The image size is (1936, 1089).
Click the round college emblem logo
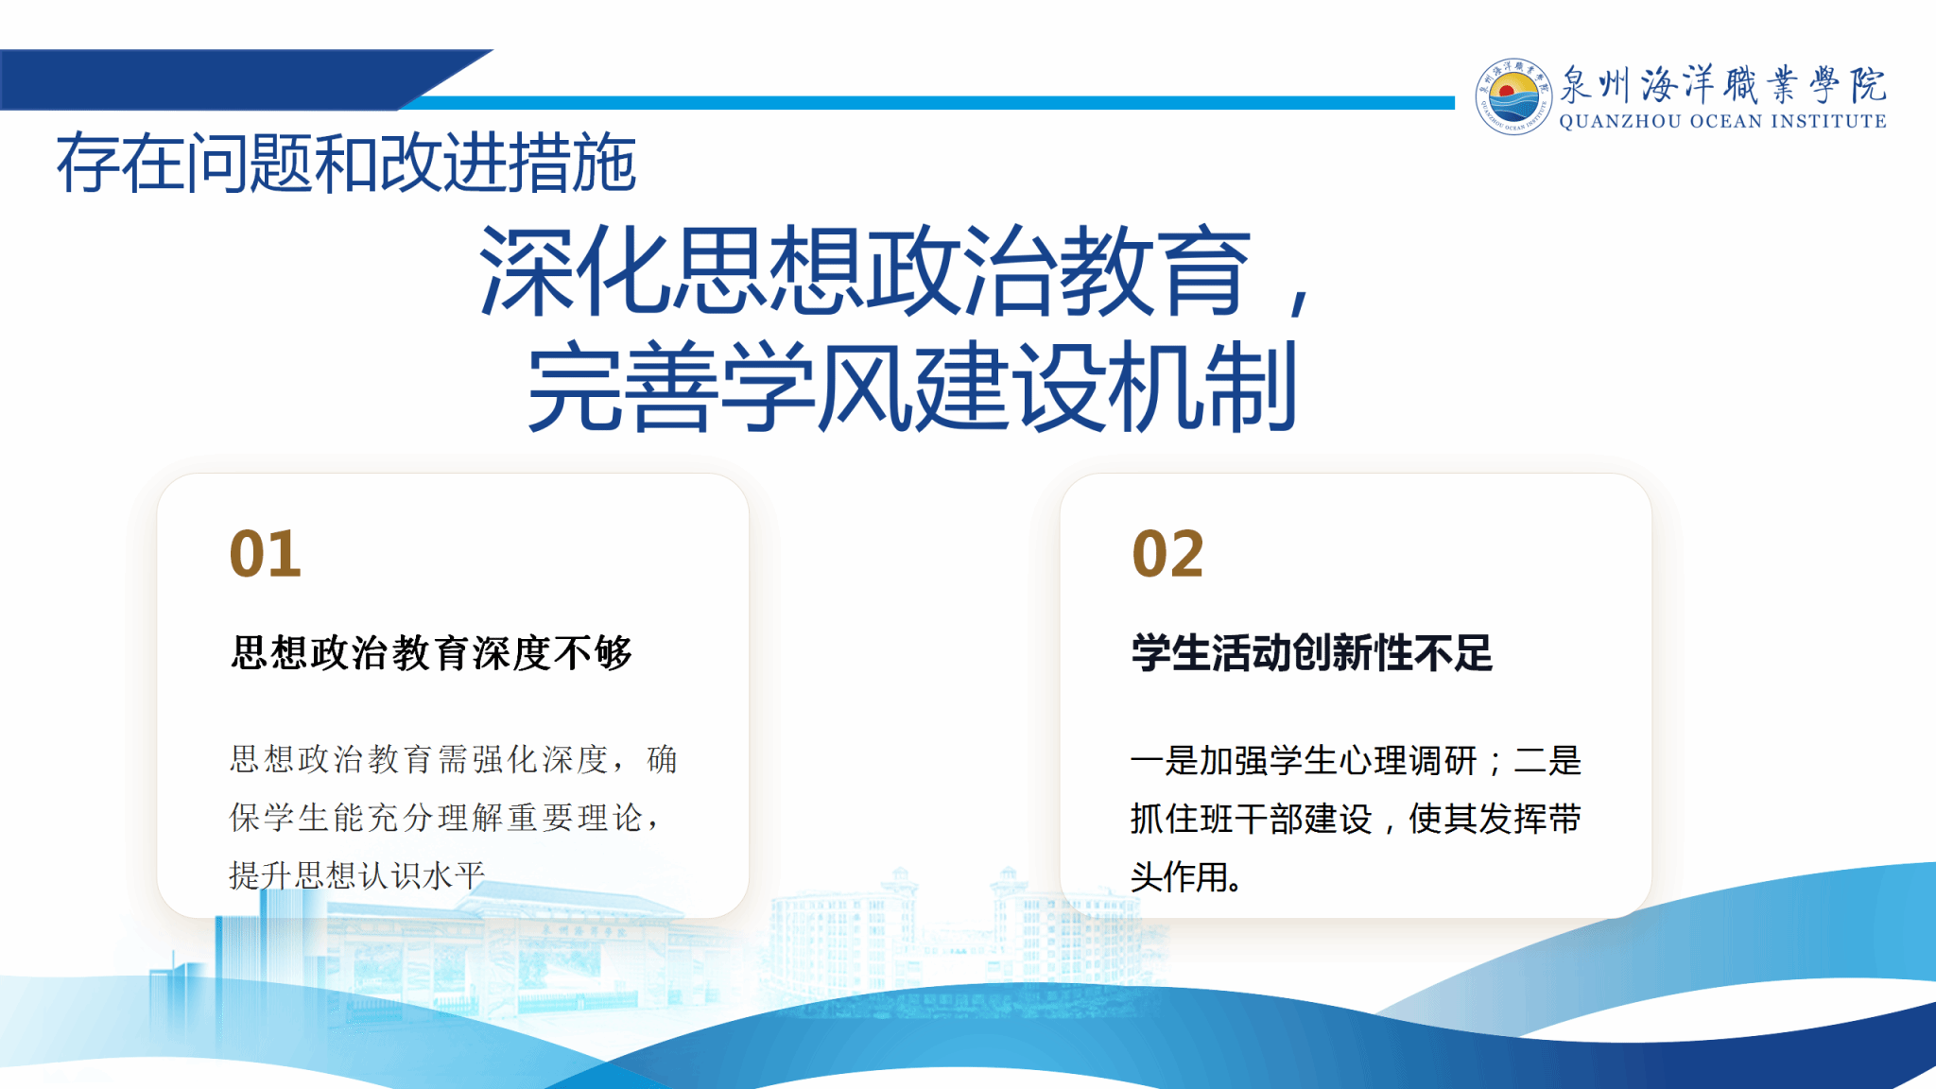(x=1513, y=96)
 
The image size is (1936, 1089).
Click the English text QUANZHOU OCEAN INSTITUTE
(x=1722, y=121)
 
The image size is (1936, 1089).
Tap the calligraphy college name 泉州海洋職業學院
(x=1722, y=84)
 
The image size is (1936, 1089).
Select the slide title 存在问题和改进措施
(x=346, y=163)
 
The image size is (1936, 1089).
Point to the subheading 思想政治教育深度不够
(x=431, y=652)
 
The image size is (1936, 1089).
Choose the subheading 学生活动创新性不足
(x=1312, y=652)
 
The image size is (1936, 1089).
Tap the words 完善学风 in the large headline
(x=718, y=388)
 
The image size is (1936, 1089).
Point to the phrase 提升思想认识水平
(x=357, y=875)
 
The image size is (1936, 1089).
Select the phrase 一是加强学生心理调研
(x=1304, y=760)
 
